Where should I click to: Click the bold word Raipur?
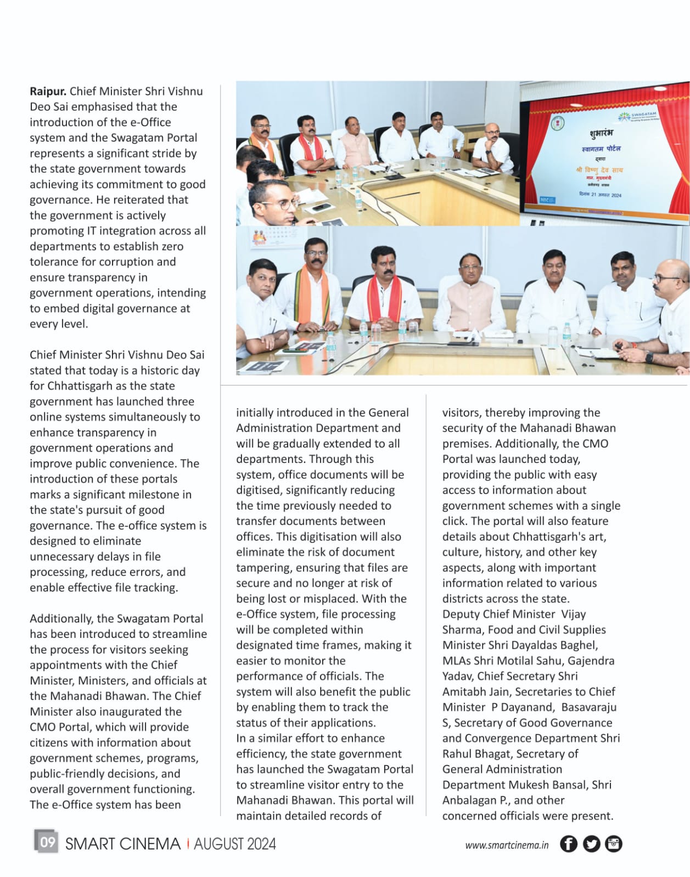[x=48, y=91]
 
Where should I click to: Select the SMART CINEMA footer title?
[x=122, y=844]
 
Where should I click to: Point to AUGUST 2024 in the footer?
[x=234, y=844]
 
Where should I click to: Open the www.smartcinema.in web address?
[x=506, y=845]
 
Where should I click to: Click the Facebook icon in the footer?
[x=568, y=844]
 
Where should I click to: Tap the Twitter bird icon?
[x=591, y=844]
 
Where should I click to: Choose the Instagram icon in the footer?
[x=613, y=844]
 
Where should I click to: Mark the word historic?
[x=160, y=370]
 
